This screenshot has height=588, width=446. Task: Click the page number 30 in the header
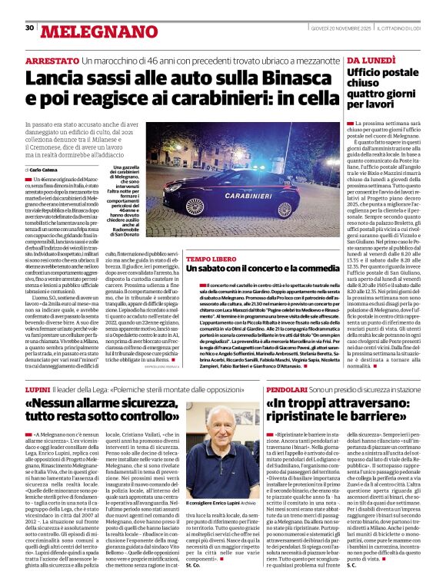(30, 28)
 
